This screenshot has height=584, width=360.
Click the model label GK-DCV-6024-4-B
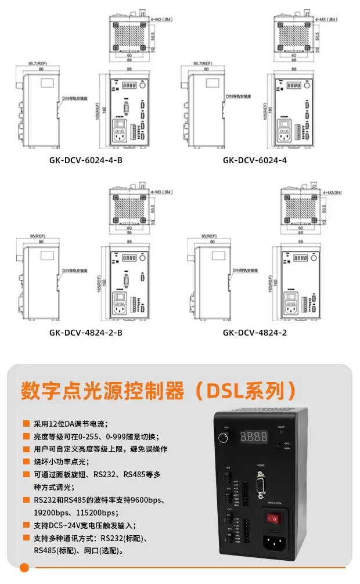(85, 160)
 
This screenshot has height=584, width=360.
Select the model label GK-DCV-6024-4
(255, 160)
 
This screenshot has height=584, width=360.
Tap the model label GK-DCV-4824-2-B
(85, 333)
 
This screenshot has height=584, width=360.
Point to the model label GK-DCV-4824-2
(255, 333)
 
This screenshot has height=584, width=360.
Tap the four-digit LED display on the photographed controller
(255, 435)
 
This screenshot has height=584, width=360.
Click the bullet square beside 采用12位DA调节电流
(26, 424)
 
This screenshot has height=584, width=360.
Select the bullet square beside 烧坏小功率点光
(26, 462)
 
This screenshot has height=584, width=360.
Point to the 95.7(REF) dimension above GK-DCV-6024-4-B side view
(38, 63)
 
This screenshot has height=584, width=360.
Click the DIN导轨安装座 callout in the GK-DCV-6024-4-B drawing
(74, 99)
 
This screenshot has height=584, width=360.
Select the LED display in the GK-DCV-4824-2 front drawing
(300, 257)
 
